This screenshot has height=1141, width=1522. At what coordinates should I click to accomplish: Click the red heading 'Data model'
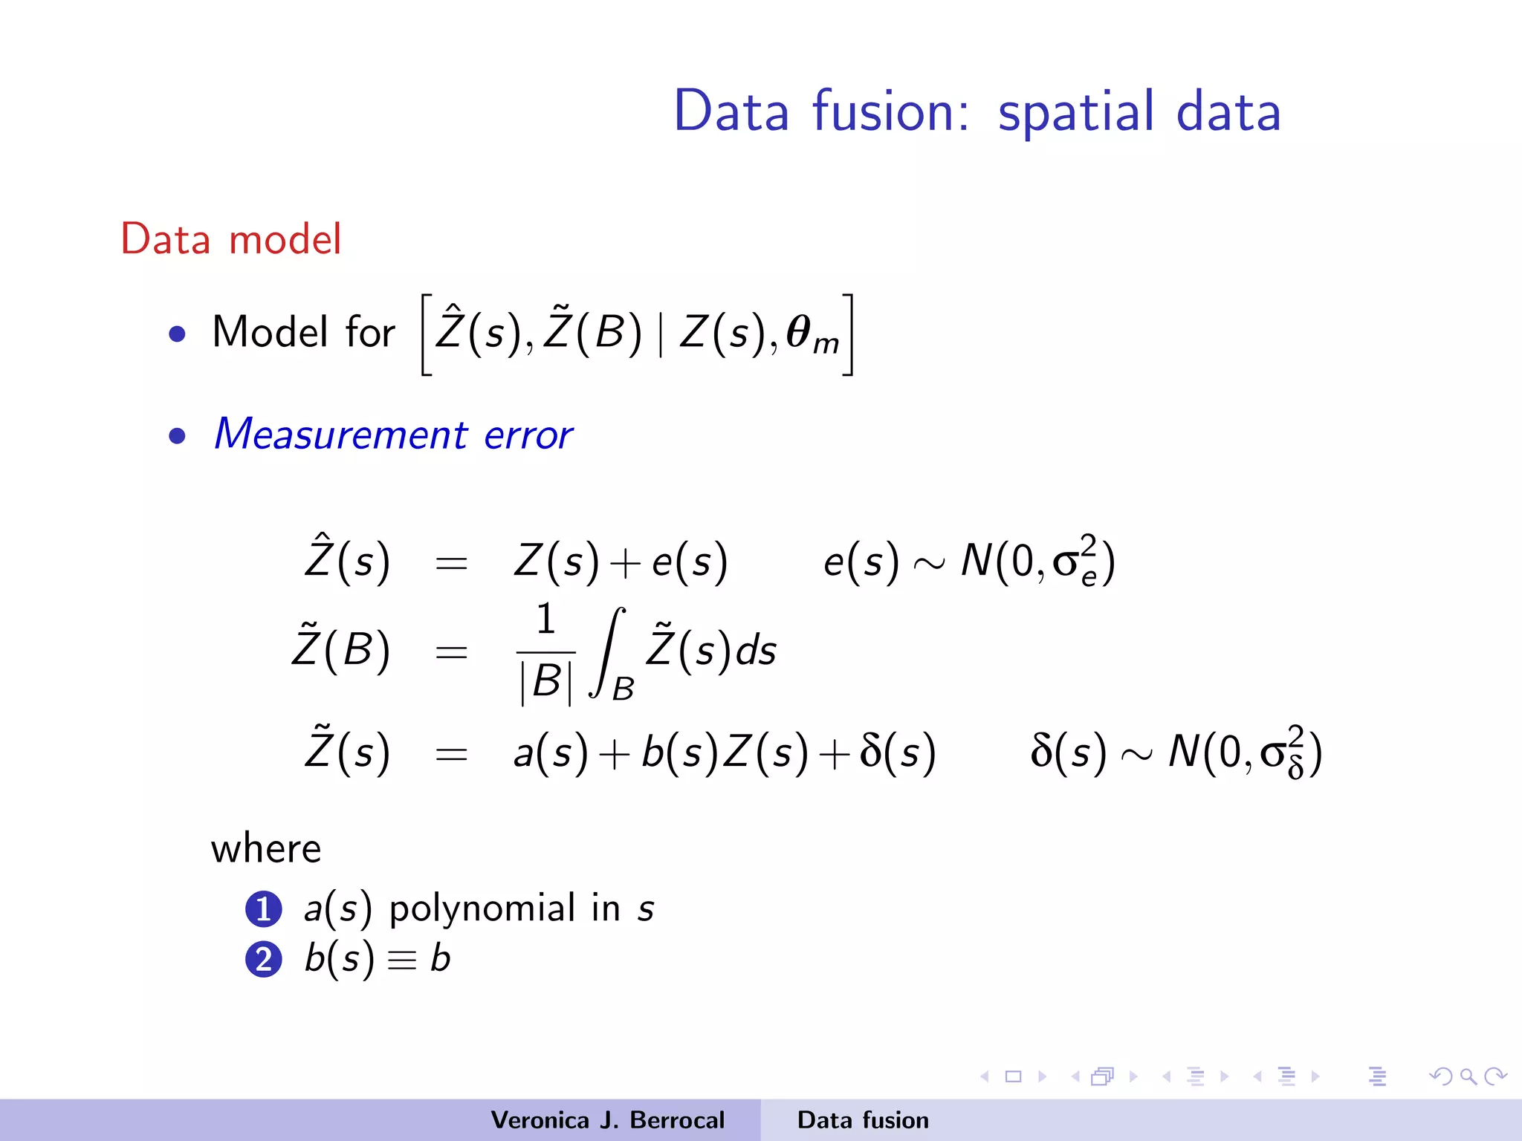click(231, 239)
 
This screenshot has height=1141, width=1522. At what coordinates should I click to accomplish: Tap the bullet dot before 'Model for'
click(177, 334)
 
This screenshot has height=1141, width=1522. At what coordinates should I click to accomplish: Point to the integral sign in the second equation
click(608, 652)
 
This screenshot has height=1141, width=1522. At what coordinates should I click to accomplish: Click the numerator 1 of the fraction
click(545, 619)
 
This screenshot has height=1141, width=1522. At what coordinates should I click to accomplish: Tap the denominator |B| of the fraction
click(546, 681)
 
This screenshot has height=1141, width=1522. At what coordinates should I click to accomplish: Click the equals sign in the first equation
click(451, 564)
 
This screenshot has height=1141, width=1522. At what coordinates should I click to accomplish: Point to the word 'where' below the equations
click(266, 848)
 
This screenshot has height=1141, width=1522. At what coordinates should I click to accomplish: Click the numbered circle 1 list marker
click(264, 909)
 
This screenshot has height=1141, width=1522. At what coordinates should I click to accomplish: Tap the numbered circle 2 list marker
click(264, 959)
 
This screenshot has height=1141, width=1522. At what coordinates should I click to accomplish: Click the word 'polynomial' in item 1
click(482, 909)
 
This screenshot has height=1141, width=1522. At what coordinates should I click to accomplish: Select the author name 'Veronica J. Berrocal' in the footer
click(607, 1120)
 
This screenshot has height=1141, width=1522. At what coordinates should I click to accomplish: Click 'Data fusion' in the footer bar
click(863, 1120)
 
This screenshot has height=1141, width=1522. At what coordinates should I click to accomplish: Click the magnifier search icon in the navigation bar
click(1468, 1076)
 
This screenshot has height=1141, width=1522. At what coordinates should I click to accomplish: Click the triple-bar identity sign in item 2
click(402, 960)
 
